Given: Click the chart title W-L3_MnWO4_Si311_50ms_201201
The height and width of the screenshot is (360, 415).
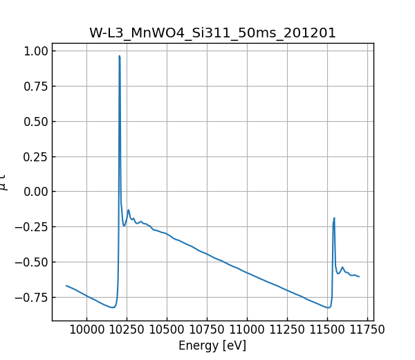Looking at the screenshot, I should [212, 33].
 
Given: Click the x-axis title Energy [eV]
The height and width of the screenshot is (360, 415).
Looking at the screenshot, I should [212, 345].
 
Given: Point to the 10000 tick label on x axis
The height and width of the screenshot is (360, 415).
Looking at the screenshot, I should [86, 330].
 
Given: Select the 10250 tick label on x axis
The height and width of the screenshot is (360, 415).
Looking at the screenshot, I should [127, 330].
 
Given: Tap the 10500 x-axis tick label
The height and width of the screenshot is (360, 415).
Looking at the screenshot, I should [167, 330].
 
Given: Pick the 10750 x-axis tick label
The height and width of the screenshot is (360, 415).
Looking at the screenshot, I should [207, 330].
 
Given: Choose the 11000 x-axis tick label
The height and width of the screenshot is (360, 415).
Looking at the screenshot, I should [247, 330].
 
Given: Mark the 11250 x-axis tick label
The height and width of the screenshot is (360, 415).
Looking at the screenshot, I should [287, 330].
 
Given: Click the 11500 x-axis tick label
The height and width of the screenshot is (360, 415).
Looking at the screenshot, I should [327, 330].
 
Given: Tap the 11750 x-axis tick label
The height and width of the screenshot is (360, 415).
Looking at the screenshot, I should [367, 330].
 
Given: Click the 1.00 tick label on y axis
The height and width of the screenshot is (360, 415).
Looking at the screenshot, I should [35, 51].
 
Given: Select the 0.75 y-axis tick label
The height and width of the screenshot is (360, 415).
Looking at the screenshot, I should [35, 87].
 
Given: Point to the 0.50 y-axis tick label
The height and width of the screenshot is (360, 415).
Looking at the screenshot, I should [35, 122].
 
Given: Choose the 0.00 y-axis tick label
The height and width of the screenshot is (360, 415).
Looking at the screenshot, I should [35, 192].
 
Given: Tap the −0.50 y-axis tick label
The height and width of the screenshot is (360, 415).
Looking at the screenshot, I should [32, 262].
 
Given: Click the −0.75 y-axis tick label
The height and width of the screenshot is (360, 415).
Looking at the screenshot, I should [32, 298].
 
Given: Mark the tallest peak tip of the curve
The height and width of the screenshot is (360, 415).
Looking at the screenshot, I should [120, 56].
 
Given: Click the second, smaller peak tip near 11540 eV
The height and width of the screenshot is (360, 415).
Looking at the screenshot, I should [334, 218].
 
